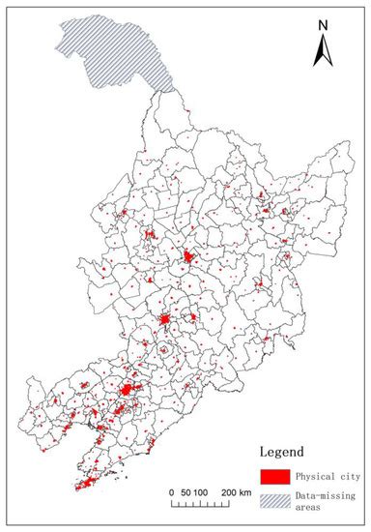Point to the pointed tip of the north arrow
point(328,34)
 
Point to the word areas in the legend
point(310,506)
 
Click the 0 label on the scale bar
point(172,494)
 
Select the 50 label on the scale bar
point(185,494)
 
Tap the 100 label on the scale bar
point(202,494)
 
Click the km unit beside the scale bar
point(246,494)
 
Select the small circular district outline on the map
point(165,351)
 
